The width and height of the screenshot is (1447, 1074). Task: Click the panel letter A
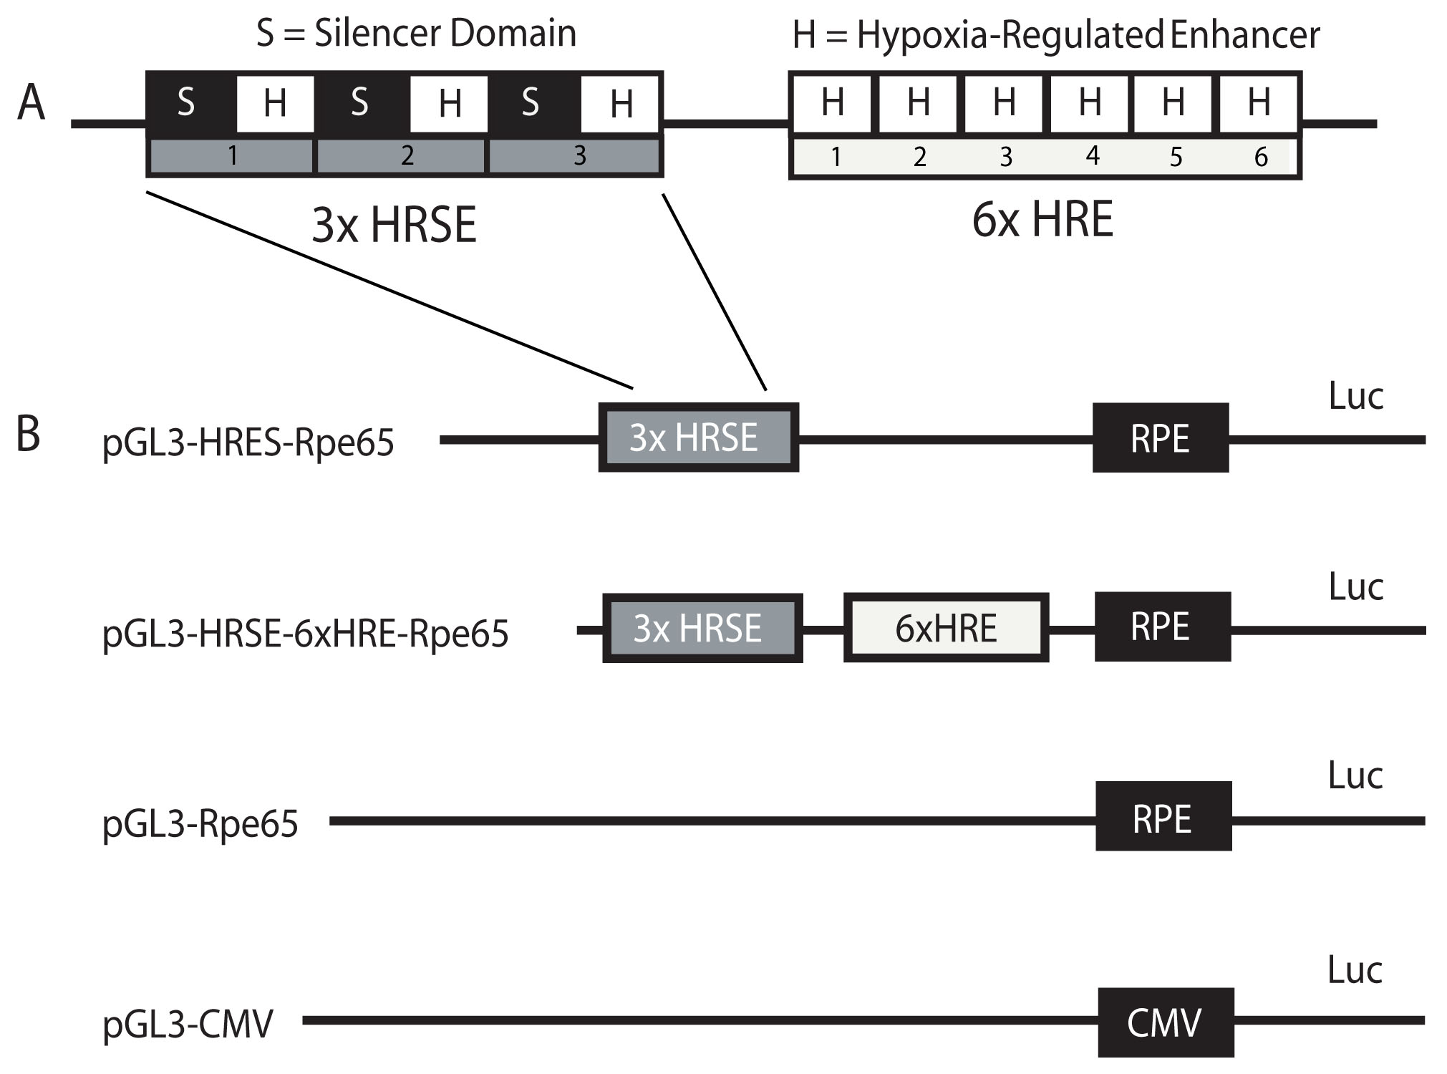[32, 103]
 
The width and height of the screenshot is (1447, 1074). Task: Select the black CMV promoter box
[1166, 1022]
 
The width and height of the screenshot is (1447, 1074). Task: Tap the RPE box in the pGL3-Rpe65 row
[1163, 817]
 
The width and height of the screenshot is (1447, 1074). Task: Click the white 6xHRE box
[946, 628]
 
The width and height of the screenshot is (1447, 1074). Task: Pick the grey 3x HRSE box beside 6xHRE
[702, 628]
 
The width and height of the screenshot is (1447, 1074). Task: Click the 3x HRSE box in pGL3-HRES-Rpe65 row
[698, 437]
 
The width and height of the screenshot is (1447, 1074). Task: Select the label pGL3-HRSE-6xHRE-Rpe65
[305, 634]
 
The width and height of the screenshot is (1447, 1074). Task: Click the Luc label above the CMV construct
[1355, 970]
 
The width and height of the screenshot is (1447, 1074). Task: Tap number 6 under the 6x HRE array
[1261, 157]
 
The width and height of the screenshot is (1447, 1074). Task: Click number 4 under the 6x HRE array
[1092, 155]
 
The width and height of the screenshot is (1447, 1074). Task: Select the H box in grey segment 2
[449, 104]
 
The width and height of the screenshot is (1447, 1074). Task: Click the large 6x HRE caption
[1042, 220]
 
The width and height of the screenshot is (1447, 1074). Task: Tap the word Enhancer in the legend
[1245, 35]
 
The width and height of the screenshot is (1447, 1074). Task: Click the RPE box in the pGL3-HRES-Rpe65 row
[1160, 438]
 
